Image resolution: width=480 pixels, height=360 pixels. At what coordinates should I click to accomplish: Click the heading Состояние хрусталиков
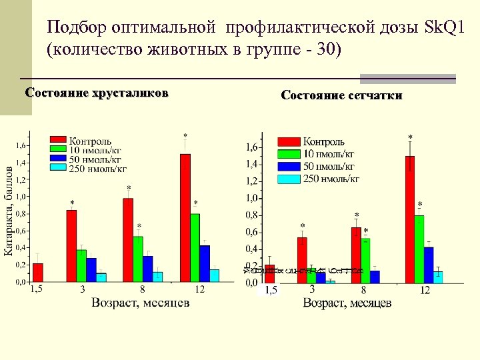96,92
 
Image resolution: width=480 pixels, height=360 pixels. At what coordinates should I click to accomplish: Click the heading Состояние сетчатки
341,95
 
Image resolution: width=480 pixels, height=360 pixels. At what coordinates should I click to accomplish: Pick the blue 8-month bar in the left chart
147,269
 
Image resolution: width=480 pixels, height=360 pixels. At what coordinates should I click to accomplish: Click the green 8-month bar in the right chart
365,261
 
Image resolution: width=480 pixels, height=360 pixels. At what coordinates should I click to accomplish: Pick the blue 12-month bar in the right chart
429,265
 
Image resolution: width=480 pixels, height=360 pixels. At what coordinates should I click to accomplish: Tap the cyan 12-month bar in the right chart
438,277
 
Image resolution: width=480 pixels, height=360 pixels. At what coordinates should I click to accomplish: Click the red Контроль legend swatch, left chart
58,141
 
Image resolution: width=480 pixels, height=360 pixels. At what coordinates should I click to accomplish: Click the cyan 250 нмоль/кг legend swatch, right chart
289,179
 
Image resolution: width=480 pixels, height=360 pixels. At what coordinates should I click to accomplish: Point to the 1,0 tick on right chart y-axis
252,198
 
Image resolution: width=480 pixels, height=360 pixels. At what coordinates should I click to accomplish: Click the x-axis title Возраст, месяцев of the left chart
141,302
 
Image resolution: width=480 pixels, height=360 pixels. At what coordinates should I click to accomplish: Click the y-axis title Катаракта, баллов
9,211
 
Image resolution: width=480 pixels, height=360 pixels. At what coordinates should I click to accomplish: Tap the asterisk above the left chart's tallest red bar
185,136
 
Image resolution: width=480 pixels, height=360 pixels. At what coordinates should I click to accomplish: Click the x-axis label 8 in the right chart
363,291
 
